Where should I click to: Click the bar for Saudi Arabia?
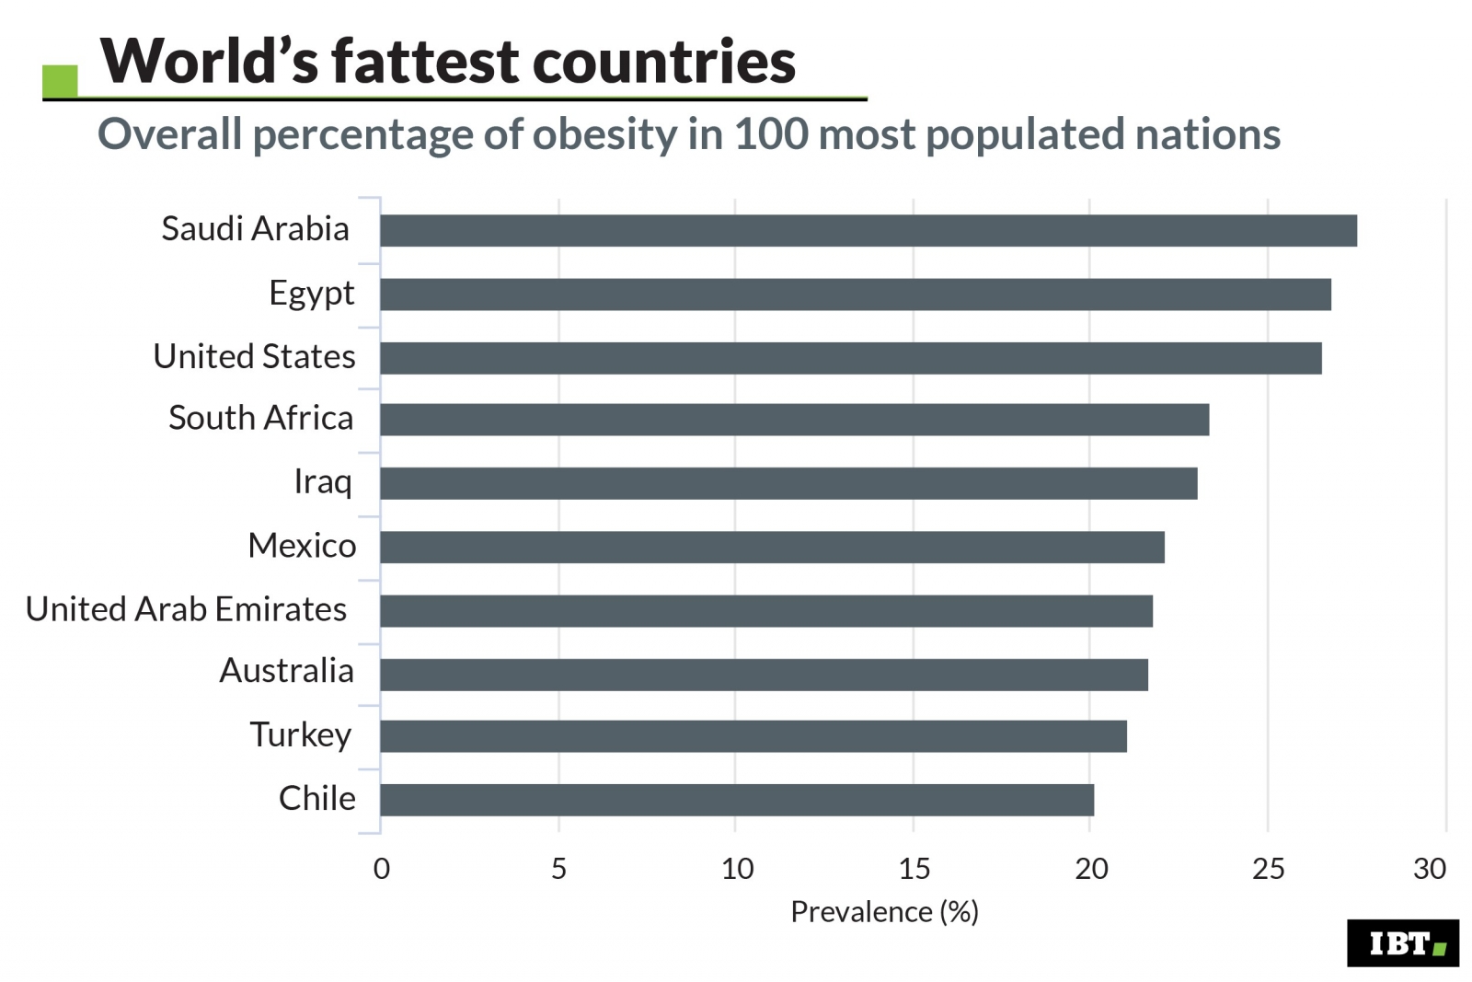pyautogui.click(x=868, y=230)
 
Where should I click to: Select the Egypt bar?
pyautogui.click(x=855, y=294)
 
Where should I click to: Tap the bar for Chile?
pyautogui.click(x=736, y=799)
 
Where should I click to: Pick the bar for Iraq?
pyautogui.click(x=788, y=483)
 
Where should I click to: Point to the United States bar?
pyautogui.click(x=850, y=357)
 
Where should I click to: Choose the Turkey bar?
pyautogui.click(x=753, y=735)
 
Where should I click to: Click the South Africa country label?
pyautogui.click(x=260, y=418)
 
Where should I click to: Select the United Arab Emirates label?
pyautogui.click(x=186, y=609)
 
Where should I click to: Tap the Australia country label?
pyautogui.click(x=286, y=671)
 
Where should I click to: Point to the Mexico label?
pyautogui.click(x=302, y=546)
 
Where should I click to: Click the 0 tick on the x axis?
pyautogui.click(x=381, y=868)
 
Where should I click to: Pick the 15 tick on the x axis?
pyautogui.click(x=914, y=868)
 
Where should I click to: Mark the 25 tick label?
pyautogui.click(x=1268, y=868)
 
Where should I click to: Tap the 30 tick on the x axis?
pyautogui.click(x=1430, y=868)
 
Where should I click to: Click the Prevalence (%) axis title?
pyautogui.click(x=884, y=911)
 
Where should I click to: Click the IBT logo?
pyautogui.click(x=1402, y=942)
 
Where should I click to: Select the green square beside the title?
pyautogui.click(x=60, y=81)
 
